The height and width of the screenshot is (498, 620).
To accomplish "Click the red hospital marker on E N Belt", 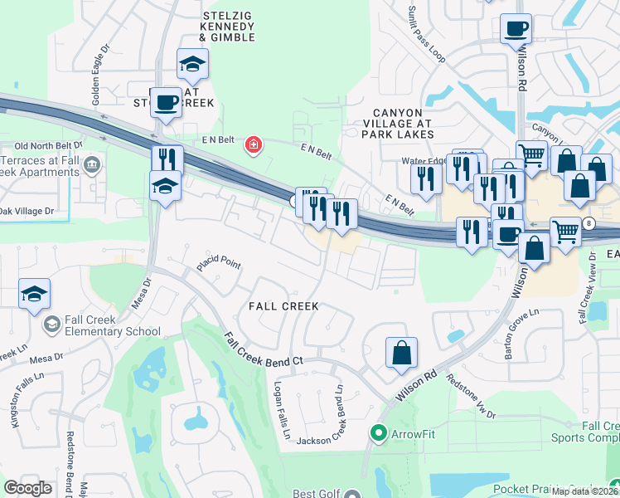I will pos(253,147).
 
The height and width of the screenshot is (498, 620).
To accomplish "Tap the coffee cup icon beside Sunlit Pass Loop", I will pos(516,30).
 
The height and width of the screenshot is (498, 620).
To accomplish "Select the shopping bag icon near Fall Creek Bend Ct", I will pos(401,352).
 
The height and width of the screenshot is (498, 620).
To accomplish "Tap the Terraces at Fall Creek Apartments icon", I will pos(92,165).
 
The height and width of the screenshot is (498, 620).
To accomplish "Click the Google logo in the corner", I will pos(28,488).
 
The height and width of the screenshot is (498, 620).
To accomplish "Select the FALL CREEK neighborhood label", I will pos(284,306).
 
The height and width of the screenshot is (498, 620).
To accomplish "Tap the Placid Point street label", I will pos(218,265).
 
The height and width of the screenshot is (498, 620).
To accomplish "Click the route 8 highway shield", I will pos(589,224).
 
